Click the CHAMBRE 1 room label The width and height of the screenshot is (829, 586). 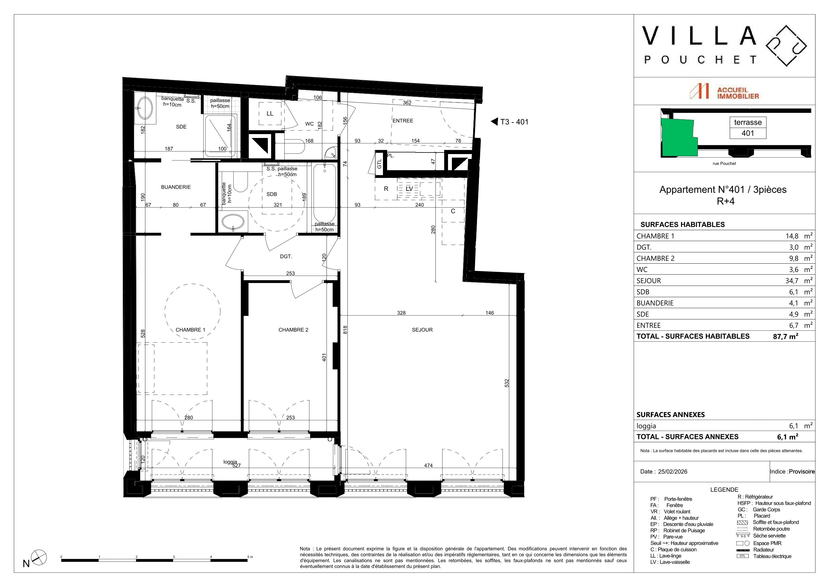tap(190, 330)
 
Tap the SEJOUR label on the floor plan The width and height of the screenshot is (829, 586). tap(422, 330)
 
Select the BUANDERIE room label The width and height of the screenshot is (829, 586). tap(176, 187)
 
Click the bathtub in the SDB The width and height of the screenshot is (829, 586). tap(325, 194)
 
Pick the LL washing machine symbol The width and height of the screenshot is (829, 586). tap(270, 113)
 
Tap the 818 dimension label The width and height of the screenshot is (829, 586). tap(345, 330)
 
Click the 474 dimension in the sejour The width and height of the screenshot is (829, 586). tap(428, 465)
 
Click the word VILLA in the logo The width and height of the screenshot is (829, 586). tap(699, 36)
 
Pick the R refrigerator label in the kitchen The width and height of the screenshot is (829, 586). tap(386, 189)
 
